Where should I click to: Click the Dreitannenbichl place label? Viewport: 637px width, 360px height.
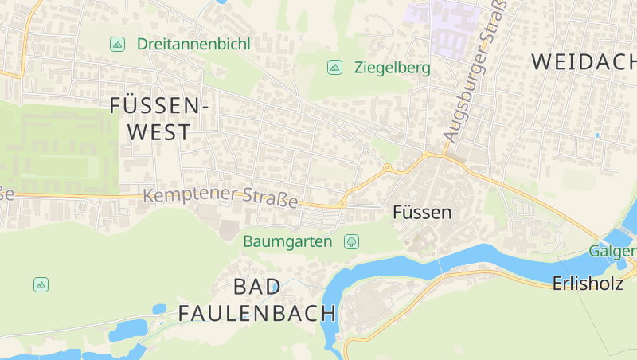193,44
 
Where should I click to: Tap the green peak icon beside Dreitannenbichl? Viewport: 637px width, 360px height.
117,45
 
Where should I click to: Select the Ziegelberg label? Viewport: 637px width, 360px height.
392,68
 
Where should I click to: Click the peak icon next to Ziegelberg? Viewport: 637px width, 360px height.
335,68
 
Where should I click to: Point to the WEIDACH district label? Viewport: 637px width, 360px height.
583,61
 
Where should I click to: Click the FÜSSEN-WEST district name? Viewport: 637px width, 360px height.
159,118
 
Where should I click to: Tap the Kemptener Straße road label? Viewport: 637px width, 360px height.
221,197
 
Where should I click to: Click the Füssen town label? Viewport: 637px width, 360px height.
422,213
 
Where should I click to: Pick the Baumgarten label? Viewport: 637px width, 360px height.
287,241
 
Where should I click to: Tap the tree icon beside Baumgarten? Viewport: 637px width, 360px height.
350,241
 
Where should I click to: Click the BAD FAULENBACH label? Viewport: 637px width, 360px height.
256,300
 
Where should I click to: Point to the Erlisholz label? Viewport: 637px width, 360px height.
588,284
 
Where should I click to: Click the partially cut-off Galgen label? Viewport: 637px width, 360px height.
612,252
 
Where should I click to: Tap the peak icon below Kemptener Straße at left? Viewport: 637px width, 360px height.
41,284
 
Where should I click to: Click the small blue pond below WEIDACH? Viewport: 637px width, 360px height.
596,135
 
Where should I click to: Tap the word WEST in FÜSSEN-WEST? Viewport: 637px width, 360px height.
159,132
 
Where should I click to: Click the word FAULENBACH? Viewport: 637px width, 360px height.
256,313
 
